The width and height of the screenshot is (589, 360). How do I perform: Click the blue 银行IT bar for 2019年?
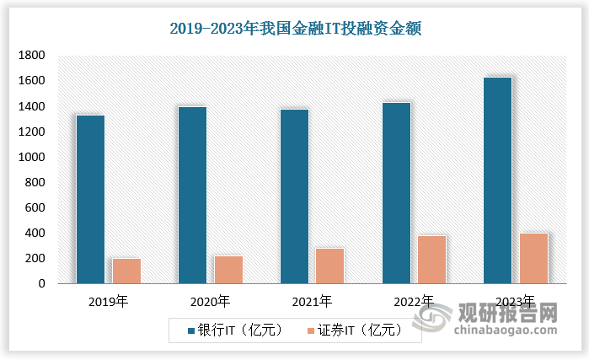90,199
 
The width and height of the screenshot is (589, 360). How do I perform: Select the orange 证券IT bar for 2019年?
126,271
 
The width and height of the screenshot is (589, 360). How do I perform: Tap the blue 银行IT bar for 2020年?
192,195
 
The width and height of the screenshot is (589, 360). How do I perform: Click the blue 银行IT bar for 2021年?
294,196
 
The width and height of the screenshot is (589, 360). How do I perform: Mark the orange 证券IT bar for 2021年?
330,266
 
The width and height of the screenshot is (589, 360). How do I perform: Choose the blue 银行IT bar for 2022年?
396,193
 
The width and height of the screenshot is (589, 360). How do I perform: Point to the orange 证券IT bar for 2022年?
432,260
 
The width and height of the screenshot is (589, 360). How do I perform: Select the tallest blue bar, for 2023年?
498,180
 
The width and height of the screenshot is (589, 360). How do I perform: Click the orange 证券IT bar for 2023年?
534,258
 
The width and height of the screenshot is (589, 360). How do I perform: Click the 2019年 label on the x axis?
109,301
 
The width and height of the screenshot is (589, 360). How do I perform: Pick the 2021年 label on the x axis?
313,301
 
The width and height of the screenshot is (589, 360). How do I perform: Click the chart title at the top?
295,29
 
